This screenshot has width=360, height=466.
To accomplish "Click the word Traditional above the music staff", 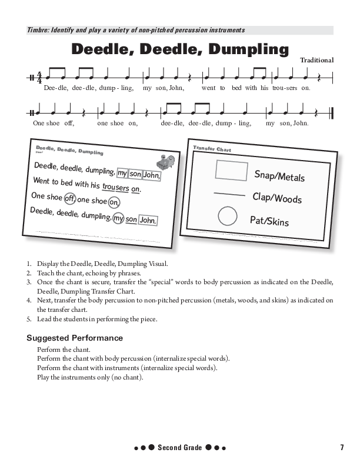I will pyautogui.click(x=316, y=60).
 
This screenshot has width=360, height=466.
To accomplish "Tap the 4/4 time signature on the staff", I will pyautogui.click(x=39, y=77).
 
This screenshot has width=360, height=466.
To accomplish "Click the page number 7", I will pyautogui.click(x=342, y=448).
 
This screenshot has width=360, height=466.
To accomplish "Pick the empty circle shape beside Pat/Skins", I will pyautogui.click(x=227, y=216).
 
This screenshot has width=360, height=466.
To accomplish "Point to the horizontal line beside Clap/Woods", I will pyautogui.click(x=229, y=194).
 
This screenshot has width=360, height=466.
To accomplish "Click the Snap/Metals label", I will pyautogui.click(x=279, y=176).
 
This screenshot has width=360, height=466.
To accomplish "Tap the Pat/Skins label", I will pyautogui.click(x=269, y=221).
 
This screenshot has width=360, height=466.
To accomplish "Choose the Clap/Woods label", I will pyautogui.click(x=276, y=198).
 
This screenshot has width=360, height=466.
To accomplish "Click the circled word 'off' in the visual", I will pyautogui.click(x=69, y=198).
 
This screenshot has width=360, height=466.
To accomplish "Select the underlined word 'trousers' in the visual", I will pyautogui.click(x=115, y=187).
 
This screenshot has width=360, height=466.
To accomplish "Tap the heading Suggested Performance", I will pyautogui.click(x=75, y=338).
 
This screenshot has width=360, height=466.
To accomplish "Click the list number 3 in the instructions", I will pyautogui.click(x=29, y=282).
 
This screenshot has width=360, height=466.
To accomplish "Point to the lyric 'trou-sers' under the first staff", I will pyautogui.click(x=285, y=88).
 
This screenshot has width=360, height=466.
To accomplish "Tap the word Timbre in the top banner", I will pyautogui.click(x=39, y=30).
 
